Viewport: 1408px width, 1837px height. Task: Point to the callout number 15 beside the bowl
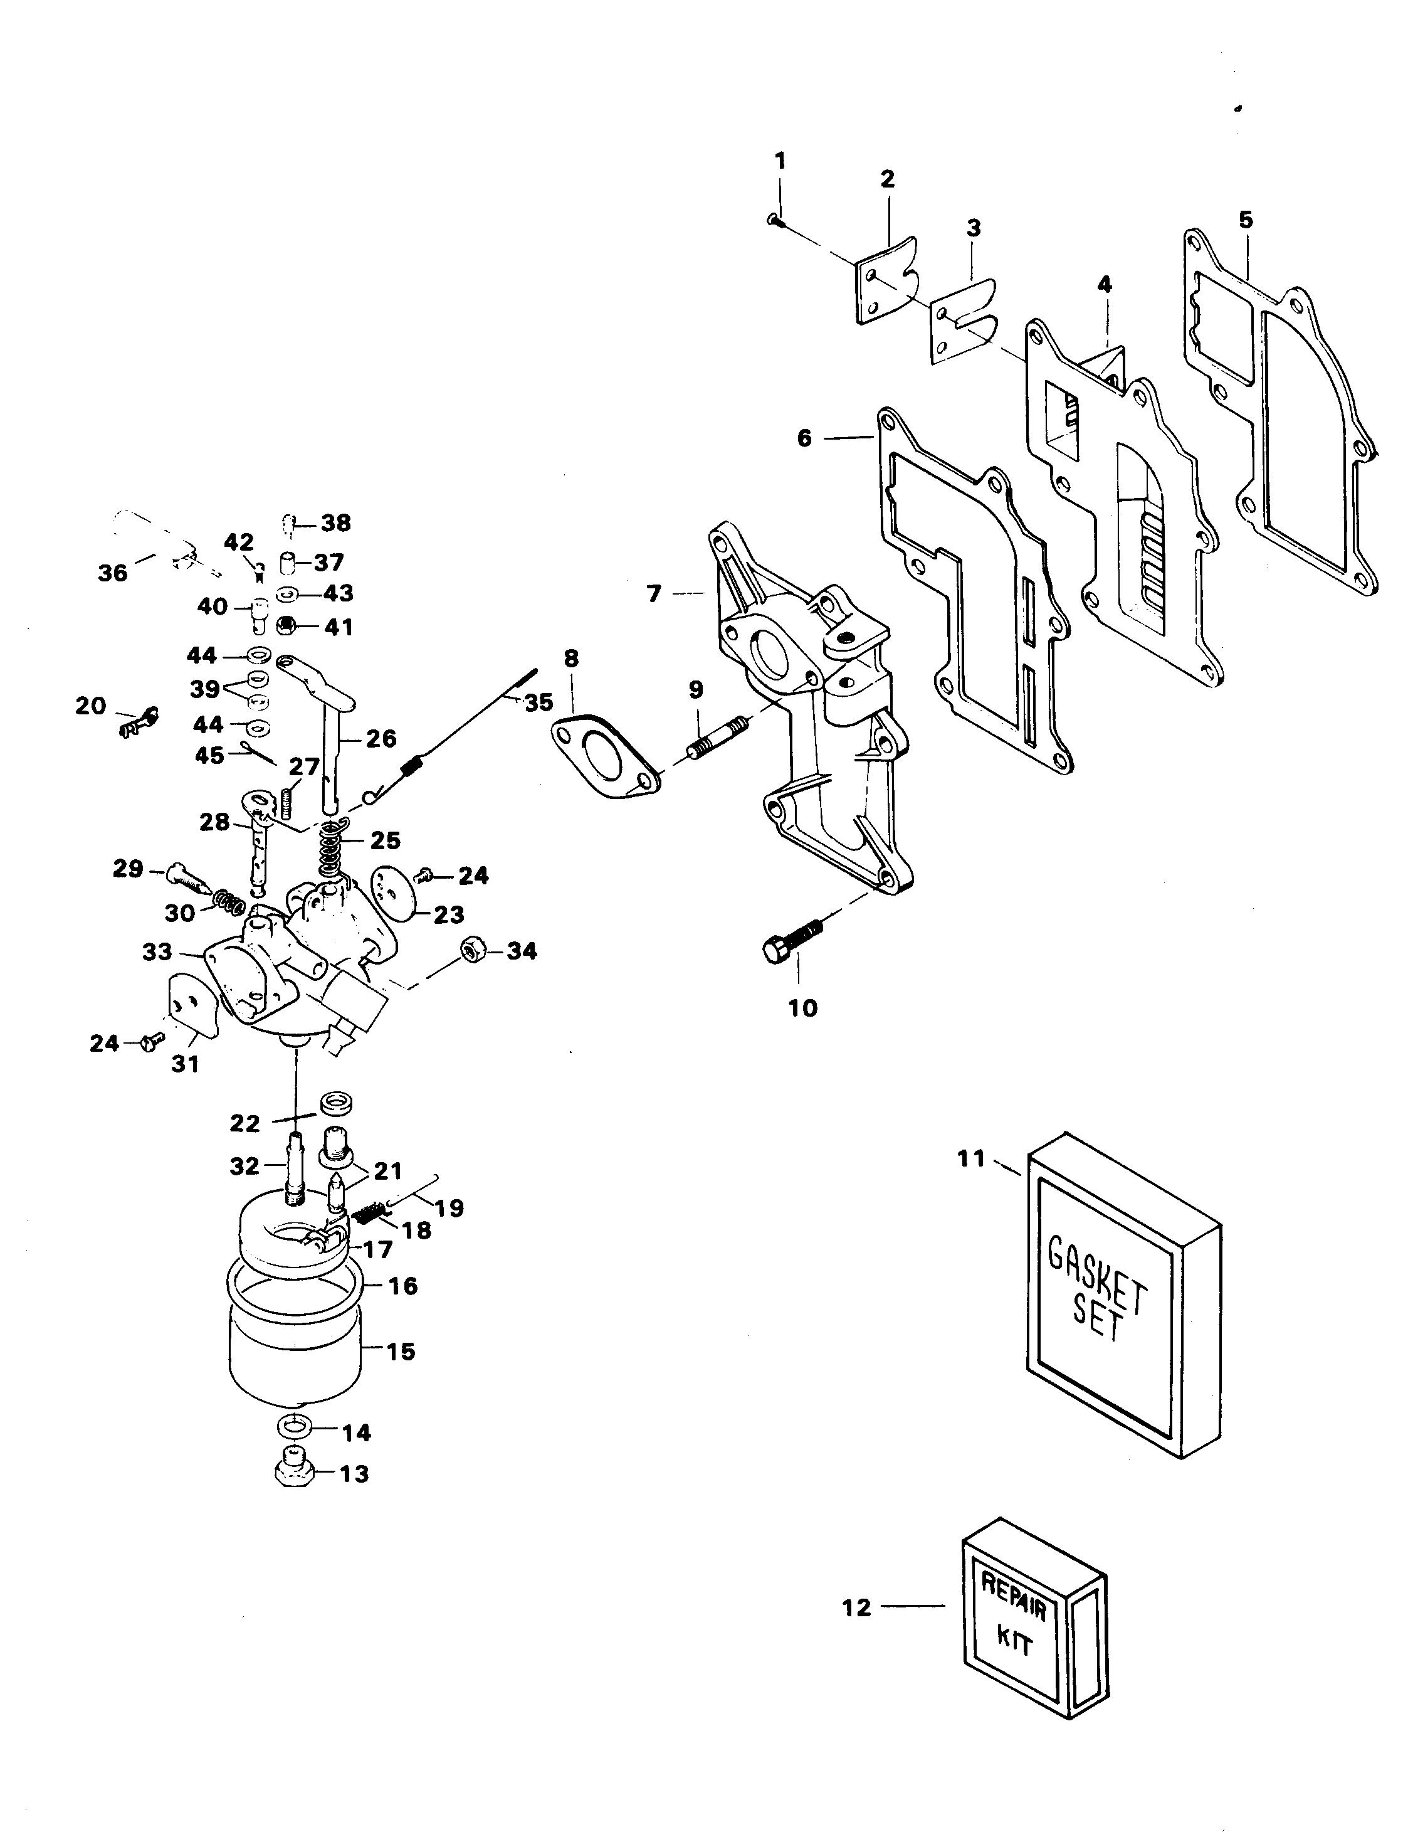pos(400,1352)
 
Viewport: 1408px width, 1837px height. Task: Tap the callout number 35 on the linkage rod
pos(539,702)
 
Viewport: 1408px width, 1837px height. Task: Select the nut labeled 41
pos(284,625)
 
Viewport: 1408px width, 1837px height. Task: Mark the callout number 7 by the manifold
pos(654,593)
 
